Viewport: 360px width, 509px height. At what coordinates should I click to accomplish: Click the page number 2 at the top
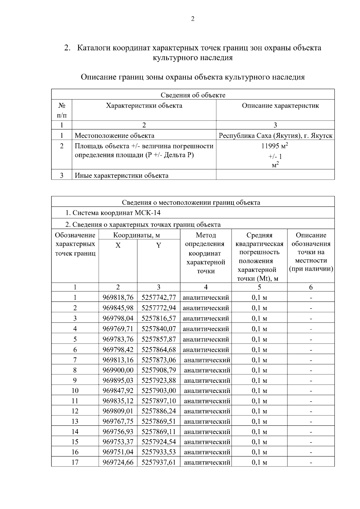pyautogui.click(x=193, y=19)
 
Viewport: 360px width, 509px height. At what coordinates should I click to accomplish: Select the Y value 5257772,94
pyautogui.click(x=158, y=308)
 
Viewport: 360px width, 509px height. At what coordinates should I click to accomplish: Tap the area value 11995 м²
pyautogui.click(x=275, y=146)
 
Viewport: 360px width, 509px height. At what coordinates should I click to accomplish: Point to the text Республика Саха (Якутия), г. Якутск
pyautogui.click(x=275, y=135)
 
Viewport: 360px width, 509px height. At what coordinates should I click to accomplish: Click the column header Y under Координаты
pyautogui.click(x=158, y=246)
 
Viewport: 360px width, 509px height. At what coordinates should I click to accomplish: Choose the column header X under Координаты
pyautogui.click(x=118, y=246)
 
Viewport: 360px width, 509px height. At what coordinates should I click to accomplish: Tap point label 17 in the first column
pyautogui.click(x=75, y=462)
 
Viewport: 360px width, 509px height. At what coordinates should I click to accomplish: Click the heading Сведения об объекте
pyautogui.click(x=193, y=95)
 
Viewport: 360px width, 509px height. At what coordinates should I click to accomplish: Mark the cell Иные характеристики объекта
pyautogui.click(x=121, y=175)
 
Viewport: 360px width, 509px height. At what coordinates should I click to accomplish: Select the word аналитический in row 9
pyautogui.click(x=207, y=380)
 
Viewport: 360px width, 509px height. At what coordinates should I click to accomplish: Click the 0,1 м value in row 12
pyautogui.click(x=259, y=411)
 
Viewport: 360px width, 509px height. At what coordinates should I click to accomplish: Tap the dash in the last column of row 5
pyautogui.click(x=311, y=340)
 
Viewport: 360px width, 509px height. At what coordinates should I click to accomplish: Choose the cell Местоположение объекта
pyautogui.click(x=114, y=135)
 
